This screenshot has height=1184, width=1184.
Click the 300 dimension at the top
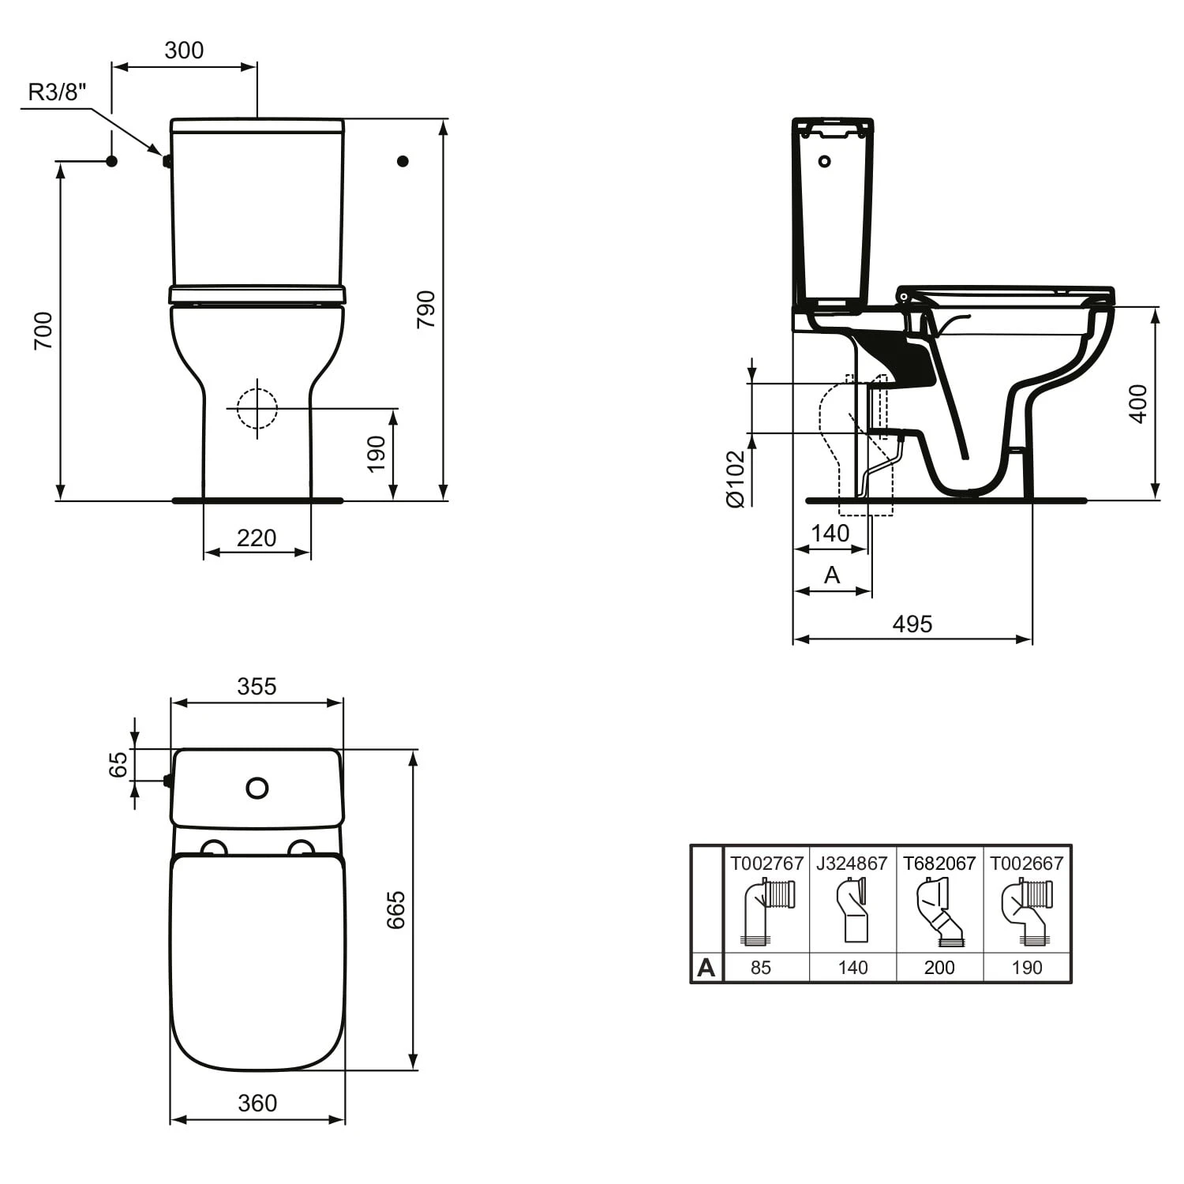tap(184, 51)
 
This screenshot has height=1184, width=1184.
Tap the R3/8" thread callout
tap(56, 92)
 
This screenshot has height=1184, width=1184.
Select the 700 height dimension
tap(43, 331)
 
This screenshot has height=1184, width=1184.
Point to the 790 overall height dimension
tap(426, 309)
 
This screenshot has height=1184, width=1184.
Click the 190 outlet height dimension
tap(377, 454)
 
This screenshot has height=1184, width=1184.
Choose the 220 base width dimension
tap(257, 538)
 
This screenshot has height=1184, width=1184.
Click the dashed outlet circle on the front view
tap(257, 409)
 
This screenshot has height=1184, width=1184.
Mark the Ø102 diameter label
tap(735, 478)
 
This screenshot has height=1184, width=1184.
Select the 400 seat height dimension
tap(1138, 404)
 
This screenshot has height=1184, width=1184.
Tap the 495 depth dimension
tap(912, 624)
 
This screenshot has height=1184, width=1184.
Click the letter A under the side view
tap(832, 575)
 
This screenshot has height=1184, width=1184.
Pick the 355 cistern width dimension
tap(257, 687)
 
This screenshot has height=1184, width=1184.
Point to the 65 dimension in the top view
tap(118, 764)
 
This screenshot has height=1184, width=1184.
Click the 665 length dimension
tap(395, 909)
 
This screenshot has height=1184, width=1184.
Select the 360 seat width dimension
tap(257, 1103)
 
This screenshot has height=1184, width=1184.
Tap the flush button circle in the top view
tap(257, 788)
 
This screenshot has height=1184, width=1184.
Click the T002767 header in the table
tap(766, 864)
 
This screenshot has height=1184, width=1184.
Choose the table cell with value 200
tap(939, 968)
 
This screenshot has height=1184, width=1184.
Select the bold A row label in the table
tap(706, 968)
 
